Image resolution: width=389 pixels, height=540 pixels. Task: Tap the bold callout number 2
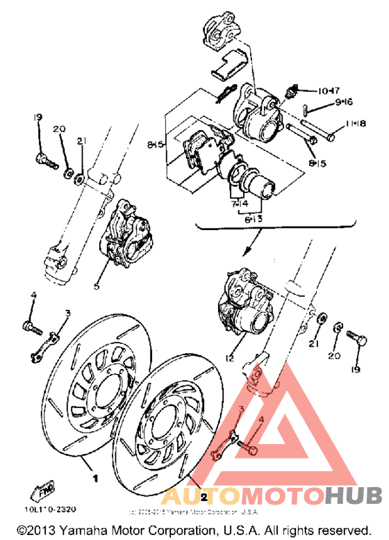[x=204, y=498]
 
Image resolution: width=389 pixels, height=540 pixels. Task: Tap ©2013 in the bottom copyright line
[x=33, y=530]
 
